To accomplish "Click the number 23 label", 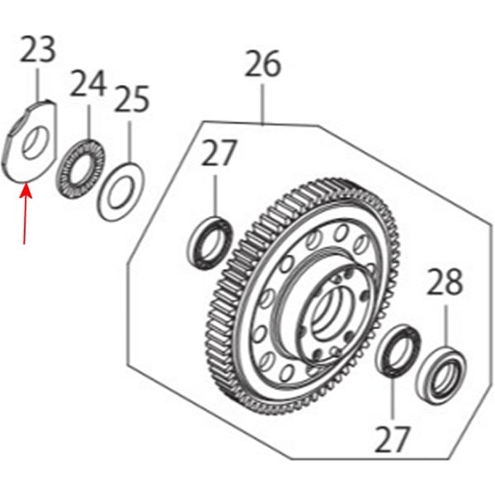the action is click(38, 49).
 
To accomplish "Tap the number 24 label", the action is click(87, 83).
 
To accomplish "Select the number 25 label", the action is click(132, 99).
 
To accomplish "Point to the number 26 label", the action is click(262, 64).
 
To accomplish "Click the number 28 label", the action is click(445, 281).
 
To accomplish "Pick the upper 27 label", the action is click(219, 153).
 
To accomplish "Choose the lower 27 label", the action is click(392, 439).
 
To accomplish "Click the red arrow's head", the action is click(26, 190).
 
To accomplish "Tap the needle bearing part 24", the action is click(81, 169).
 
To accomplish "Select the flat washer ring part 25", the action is click(120, 192).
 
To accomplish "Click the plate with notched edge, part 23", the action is click(31, 141).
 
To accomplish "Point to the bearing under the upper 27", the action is click(210, 243).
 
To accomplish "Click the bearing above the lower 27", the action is click(398, 351).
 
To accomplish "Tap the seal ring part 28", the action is click(441, 375).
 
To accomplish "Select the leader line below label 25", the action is click(130, 142).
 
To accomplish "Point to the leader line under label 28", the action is click(446, 326).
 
